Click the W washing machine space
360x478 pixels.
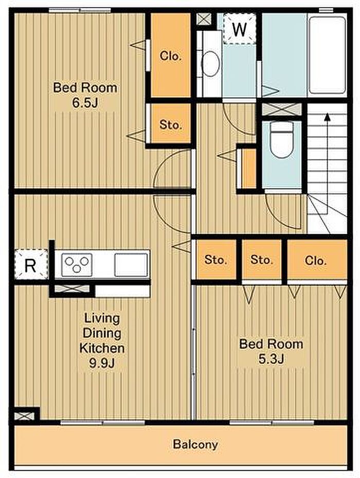240,29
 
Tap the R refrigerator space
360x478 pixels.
31,264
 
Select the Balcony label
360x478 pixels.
195,444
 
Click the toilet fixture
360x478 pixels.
282,140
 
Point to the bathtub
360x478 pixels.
328,55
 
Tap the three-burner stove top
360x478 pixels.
77,265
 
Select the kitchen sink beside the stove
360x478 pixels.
131,265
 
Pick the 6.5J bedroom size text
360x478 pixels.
85,103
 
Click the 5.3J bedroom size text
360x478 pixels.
272,359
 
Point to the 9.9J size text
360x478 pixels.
102,363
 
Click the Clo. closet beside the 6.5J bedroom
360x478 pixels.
171,56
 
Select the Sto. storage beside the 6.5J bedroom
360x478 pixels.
171,124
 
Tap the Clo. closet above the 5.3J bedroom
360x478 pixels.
317,260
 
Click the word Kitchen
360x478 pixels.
102,348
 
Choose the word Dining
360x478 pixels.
102,333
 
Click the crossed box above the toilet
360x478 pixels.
282,109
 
